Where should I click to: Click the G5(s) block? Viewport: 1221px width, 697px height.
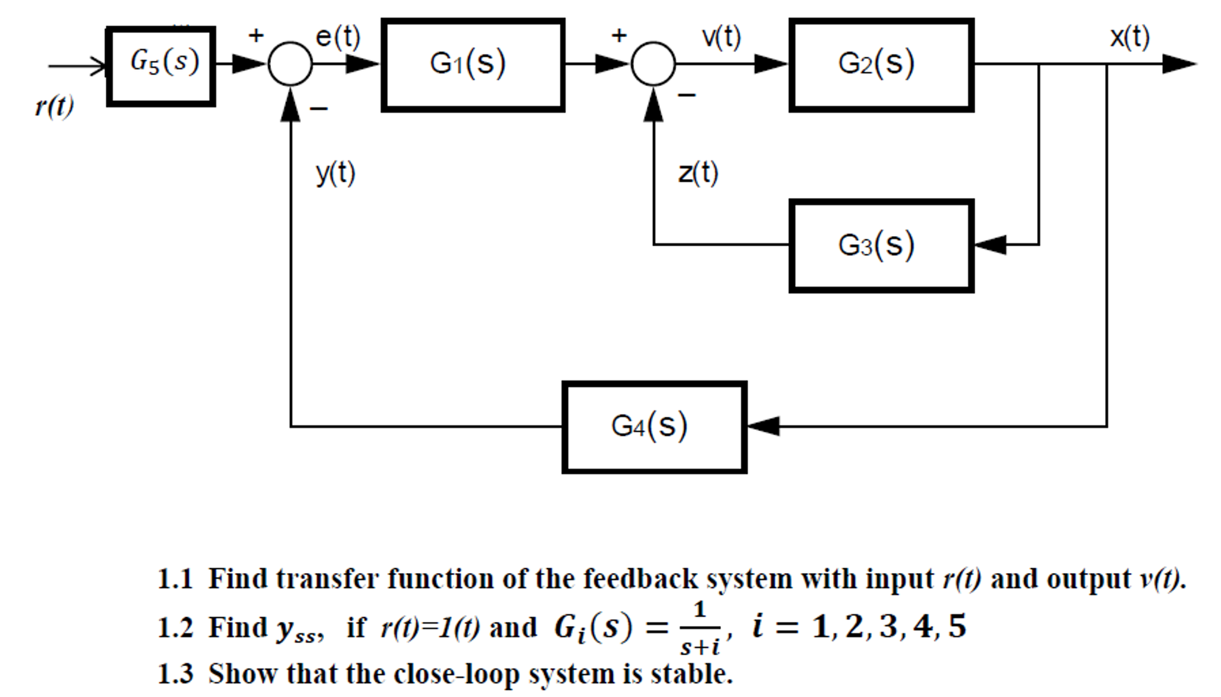[x=161, y=66]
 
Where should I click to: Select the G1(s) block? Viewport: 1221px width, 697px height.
[x=473, y=65]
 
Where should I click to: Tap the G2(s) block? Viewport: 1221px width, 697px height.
[x=881, y=65]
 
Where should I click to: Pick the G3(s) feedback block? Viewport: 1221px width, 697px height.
[x=881, y=246]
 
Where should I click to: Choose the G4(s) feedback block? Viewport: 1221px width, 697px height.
[x=654, y=427]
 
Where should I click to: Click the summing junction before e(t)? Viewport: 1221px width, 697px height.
[x=290, y=64]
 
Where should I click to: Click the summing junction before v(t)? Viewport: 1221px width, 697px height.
[x=653, y=64]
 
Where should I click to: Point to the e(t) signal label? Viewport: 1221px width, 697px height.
[x=338, y=37]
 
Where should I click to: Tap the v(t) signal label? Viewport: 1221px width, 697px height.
[x=721, y=37]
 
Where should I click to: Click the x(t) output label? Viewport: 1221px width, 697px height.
[x=1129, y=37]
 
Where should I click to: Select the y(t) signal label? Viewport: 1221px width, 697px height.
[x=335, y=174]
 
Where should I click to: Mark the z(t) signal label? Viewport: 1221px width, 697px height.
[x=698, y=174]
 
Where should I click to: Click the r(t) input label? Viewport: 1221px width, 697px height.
[x=54, y=107]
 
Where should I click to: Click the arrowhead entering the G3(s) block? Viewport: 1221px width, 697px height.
[x=989, y=244]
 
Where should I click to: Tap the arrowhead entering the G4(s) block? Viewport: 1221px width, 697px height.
[x=763, y=426]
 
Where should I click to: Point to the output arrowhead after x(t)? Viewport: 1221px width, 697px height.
[x=1179, y=64]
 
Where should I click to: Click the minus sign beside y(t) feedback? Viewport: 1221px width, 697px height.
[x=319, y=109]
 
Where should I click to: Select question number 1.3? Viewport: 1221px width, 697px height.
[x=175, y=674]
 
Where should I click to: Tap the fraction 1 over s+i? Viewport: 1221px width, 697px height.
[x=700, y=628]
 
